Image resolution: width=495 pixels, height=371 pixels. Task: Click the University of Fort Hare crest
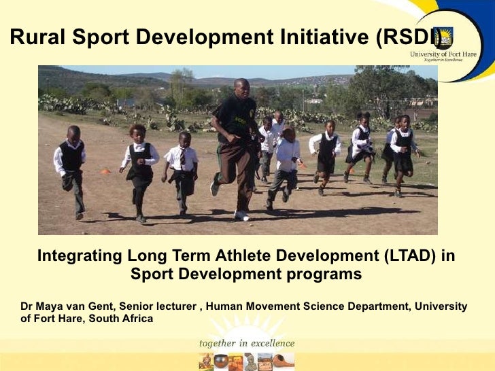443,37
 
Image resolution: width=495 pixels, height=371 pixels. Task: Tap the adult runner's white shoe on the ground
241,215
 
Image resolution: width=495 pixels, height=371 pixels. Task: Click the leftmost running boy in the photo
71,170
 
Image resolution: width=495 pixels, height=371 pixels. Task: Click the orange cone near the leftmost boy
105,172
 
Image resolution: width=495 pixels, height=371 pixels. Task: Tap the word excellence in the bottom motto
270,343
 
